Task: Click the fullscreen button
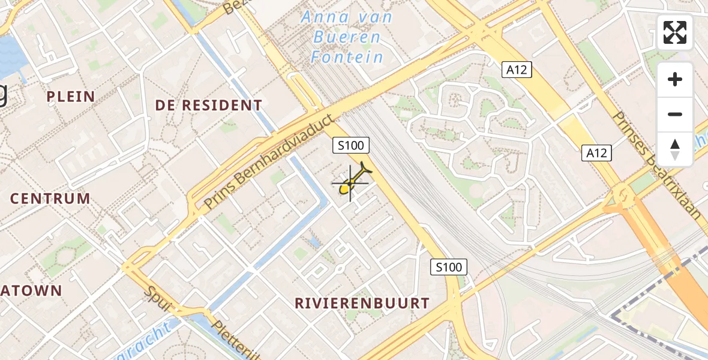pos(675,32)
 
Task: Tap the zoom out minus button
pos(675,115)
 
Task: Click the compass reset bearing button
pos(675,149)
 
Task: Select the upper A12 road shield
pos(516,70)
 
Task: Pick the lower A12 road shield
pos(596,153)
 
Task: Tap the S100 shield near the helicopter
pos(351,145)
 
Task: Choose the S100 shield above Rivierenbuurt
pos(449,267)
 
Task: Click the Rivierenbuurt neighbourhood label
pos(362,304)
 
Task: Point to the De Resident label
pos(208,106)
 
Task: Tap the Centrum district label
pos(50,199)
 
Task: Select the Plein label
pos(70,97)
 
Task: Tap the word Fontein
pos(347,58)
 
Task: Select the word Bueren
pos(347,37)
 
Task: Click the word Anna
pos(325,17)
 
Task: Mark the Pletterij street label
pos(236,341)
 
